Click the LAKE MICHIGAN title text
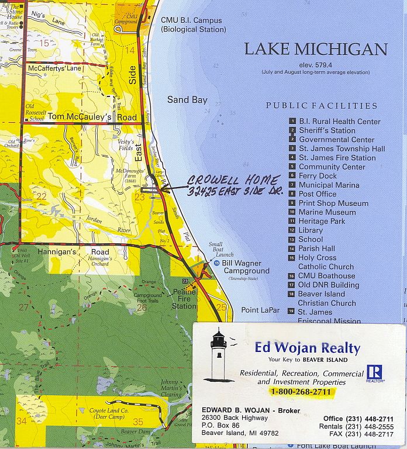(x=316, y=49)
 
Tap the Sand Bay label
(x=187, y=100)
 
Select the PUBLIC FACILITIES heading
(x=322, y=106)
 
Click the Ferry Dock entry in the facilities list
(x=318, y=176)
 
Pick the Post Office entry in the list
(x=318, y=194)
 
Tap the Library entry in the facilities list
(x=311, y=230)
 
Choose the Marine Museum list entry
(x=327, y=212)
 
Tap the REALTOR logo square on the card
(x=374, y=372)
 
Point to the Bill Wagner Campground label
(x=246, y=267)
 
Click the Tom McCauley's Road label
(x=92, y=118)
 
